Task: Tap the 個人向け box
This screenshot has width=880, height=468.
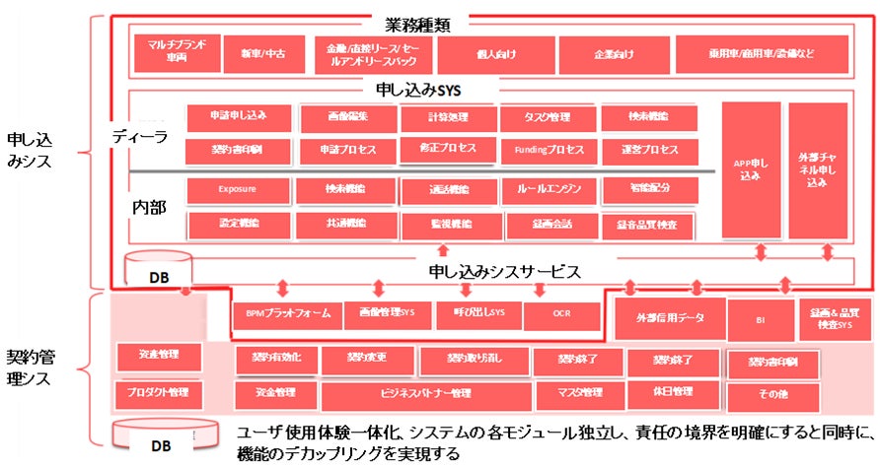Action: pos(494,53)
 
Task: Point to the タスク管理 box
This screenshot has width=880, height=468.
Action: pos(547,117)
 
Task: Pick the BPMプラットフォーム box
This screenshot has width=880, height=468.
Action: pos(287,315)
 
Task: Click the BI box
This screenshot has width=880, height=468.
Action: pos(760,317)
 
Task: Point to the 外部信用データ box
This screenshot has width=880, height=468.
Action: pos(668,317)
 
